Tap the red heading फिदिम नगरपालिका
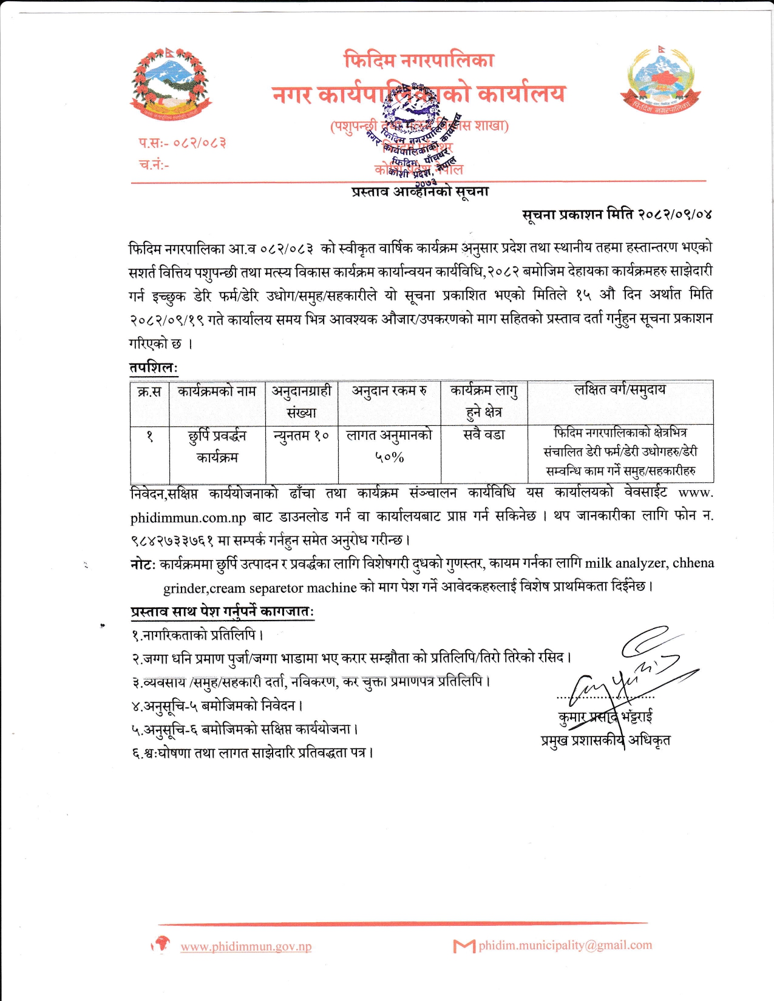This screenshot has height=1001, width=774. [x=419, y=60]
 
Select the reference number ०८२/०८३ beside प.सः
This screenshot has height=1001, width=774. [x=200, y=143]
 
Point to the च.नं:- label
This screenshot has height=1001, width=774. [x=154, y=164]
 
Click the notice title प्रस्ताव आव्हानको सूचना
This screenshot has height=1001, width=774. [x=420, y=192]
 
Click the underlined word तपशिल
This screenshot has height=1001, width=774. [x=152, y=368]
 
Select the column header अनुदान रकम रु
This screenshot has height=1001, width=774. [x=389, y=391]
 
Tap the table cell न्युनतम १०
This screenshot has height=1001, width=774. [x=301, y=436]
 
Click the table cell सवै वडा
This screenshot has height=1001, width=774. [x=484, y=435]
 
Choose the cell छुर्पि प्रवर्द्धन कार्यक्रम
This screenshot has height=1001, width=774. [x=217, y=446]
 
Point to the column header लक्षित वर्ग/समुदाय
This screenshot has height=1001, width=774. [x=620, y=390]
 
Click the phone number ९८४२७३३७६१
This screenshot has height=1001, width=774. [x=172, y=539]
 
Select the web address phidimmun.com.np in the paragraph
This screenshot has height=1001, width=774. [x=188, y=517]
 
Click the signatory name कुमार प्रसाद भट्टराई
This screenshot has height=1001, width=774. [x=605, y=717]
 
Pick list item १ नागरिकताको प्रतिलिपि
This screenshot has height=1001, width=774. [x=197, y=635]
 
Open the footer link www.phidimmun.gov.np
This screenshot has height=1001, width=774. [x=246, y=946]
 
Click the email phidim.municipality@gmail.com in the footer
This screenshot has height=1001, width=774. [x=565, y=945]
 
